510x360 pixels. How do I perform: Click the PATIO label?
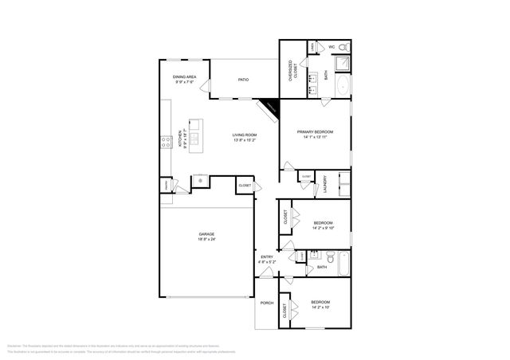(244, 80)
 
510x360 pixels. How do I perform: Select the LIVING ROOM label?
(244, 135)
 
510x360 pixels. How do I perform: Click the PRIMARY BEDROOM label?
(315, 131)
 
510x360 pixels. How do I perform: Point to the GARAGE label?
(206, 234)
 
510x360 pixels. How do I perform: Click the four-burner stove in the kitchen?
(167, 142)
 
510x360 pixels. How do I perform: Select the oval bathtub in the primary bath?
(342, 86)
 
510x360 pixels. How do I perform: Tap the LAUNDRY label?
(325, 186)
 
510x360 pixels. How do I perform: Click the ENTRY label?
(266, 256)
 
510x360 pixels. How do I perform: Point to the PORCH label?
(266, 303)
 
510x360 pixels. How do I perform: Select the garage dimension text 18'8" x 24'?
(206, 239)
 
